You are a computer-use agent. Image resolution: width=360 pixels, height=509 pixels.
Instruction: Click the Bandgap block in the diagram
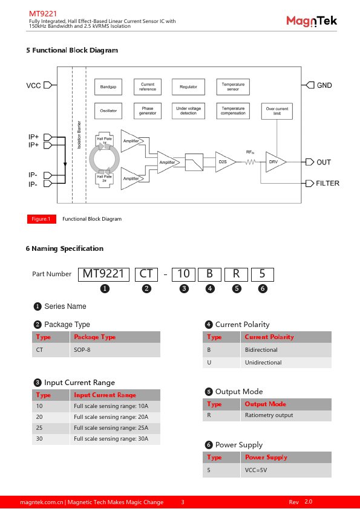click(108, 86)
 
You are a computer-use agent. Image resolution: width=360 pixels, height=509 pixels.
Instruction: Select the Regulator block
click(188, 86)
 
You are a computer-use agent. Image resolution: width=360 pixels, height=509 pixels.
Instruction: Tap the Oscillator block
click(108, 111)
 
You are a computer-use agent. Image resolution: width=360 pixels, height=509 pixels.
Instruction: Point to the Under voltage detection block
click(188, 111)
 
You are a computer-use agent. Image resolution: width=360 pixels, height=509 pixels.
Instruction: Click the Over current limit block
click(277, 111)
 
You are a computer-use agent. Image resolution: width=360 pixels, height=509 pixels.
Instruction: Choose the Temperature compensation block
click(233, 111)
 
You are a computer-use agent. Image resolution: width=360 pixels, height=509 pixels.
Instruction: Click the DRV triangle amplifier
click(275, 161)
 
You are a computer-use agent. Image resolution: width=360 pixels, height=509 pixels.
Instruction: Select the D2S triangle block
click(225, 161)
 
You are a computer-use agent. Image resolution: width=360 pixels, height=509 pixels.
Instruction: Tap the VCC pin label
click(33, 85)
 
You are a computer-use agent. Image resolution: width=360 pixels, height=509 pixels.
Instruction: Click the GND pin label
click(324, 85)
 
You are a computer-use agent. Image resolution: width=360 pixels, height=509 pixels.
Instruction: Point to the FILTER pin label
click(327, 183)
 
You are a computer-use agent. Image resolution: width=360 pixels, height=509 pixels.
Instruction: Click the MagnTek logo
click(312, 21)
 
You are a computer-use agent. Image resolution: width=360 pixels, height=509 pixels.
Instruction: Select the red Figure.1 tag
click(42, 219)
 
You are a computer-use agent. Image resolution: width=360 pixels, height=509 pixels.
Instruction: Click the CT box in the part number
click(146, 274)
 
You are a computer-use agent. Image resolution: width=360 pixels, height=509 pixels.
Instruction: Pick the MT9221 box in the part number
click(103, 274)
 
